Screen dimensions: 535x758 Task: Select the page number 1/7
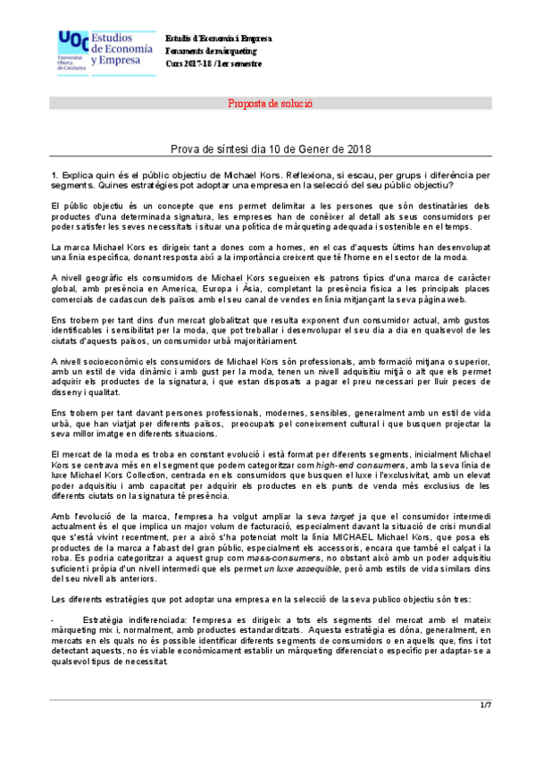tap(486, 706)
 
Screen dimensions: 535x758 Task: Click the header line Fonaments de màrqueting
tap(211, 52)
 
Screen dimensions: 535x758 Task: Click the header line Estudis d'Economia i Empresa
tap(219, 39)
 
